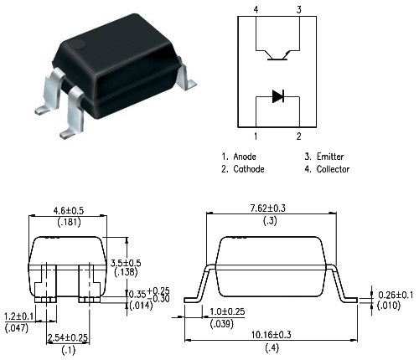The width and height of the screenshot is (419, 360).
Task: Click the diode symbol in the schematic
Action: [278, 96]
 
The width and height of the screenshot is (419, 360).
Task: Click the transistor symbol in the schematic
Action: [277, 55]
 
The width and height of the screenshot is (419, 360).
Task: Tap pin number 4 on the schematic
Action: [256, 10]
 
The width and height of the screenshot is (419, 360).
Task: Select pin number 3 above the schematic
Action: [299, 10]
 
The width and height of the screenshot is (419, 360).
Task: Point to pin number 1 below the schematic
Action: [256, 136]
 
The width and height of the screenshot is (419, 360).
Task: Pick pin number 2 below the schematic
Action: [299, 136]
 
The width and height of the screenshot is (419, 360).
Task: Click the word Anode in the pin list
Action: [245, 157]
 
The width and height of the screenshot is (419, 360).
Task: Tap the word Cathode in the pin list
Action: [249, 169]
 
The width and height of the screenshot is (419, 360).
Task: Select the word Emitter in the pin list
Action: [330, 157]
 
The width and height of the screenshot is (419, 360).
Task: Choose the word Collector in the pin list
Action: [333, 169]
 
